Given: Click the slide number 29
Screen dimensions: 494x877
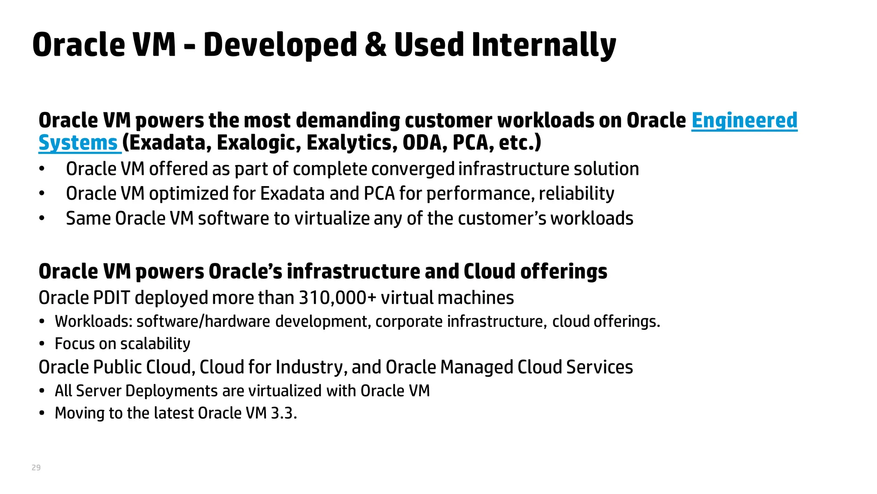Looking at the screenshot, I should coord(36,467).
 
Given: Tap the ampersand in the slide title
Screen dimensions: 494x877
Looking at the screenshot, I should coord(375,45).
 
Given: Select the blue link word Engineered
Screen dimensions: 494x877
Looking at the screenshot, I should coord(744,120).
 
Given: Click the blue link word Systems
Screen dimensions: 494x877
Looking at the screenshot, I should coord(78,143).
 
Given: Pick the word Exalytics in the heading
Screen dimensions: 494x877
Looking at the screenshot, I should coord(352,143).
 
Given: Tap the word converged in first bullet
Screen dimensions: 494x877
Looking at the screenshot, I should coord(412,169).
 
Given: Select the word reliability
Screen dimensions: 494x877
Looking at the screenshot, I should coord(576,194).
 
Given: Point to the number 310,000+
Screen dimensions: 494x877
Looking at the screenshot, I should coord(337,298).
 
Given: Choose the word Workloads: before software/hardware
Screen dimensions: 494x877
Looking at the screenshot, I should coord(93,322).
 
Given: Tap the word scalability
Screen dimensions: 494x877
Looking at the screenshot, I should coord(155,344).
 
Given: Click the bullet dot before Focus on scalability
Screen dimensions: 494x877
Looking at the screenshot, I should coord(42,344).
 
